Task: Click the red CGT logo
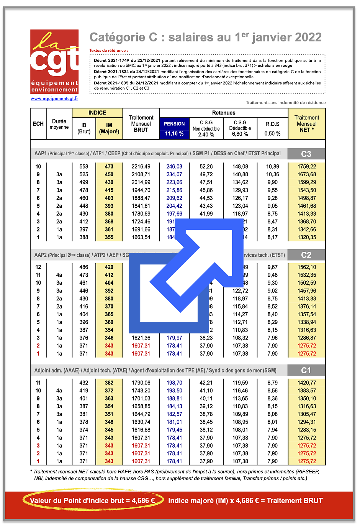pyautogui.click(x=54, y=61)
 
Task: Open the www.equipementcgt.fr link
pyautogui.click(x=54, y=98)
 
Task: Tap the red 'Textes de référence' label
pyautogui.click(x=108, y=51)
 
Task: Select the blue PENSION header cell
pyautogui.click(x=174, y=124)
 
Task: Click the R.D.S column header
pyautogui.click(x=272, y=124)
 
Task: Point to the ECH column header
pyautogui.click(x=38, y=124)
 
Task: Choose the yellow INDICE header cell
pyautogui.click(x=97, y=113)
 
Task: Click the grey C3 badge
pyautogui.click(x=306, y=154)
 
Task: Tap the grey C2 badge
pyautogui.click(x=306, y=255)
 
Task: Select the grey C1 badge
pyautogui.click(x=306, y=371)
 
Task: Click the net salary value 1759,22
pyautogui.click(x=307, y=167)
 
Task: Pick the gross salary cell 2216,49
pyautogui.click(x=141, y=167)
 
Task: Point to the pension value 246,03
pyautogui.click(x=174, y=167)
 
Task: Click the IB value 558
pyautogui.click(x=84, y=167)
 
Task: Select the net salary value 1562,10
pyautogui.click(x=307, y=267)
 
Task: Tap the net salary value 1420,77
pyautogui.click(x=307, y=383)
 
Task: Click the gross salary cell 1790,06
pyautogui.click(x=141, y=383)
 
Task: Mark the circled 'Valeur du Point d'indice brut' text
pyautogui.click(x=92, y=500)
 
